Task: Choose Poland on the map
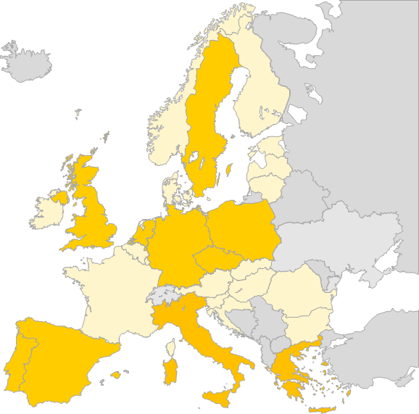pyautogui.click(x=243, y=228)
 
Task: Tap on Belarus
pyautogui.click(x=304, y=199)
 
